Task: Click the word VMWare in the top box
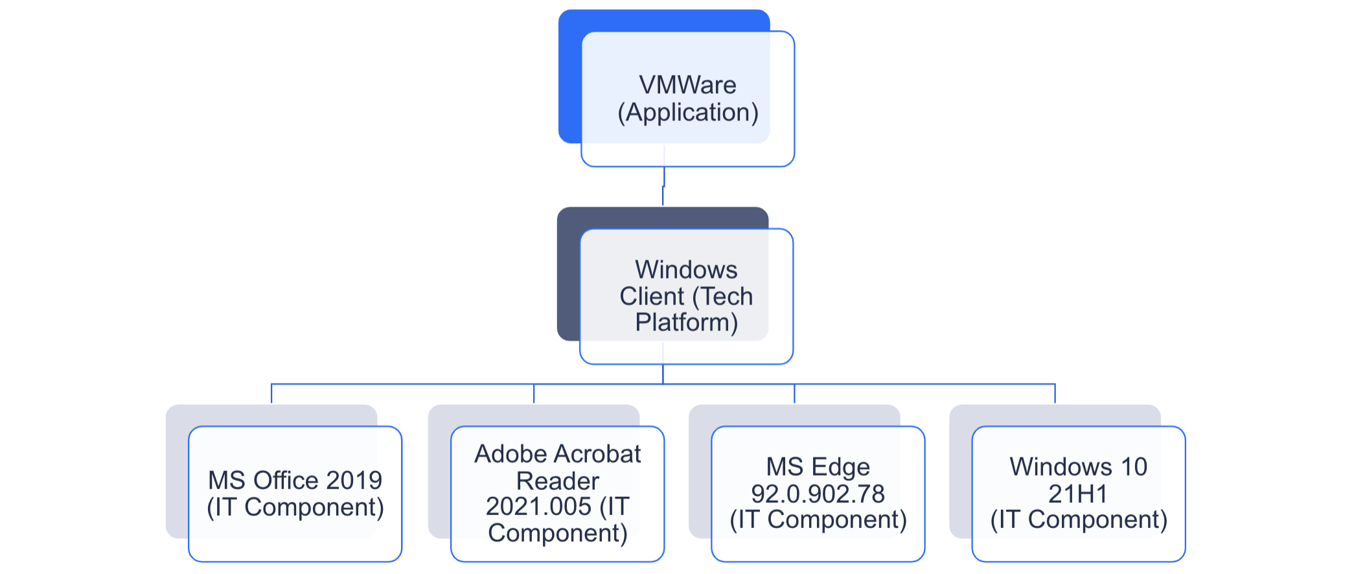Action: click(687, 86)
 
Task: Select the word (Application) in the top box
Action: click(687, 113)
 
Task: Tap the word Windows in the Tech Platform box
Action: click(686, 270)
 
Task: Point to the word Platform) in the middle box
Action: click(686, 323)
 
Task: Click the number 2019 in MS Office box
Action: click(354, 481)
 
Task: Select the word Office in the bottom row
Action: click(286, 481)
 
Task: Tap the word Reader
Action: click(557, 481)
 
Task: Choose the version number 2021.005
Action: click(538, 507)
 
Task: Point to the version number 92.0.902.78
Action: click(818, 494)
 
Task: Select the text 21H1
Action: click(1078, 494)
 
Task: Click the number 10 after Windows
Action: click(1134, 467)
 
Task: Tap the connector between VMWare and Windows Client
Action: click(663, 187)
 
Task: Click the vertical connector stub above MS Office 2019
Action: click(271, 394)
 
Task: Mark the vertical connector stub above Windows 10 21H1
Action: click(1055, 394)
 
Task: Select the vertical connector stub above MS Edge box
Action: click(794, 394)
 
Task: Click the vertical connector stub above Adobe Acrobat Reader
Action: click(534, 394)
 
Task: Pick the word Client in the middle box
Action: click(652, 297)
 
